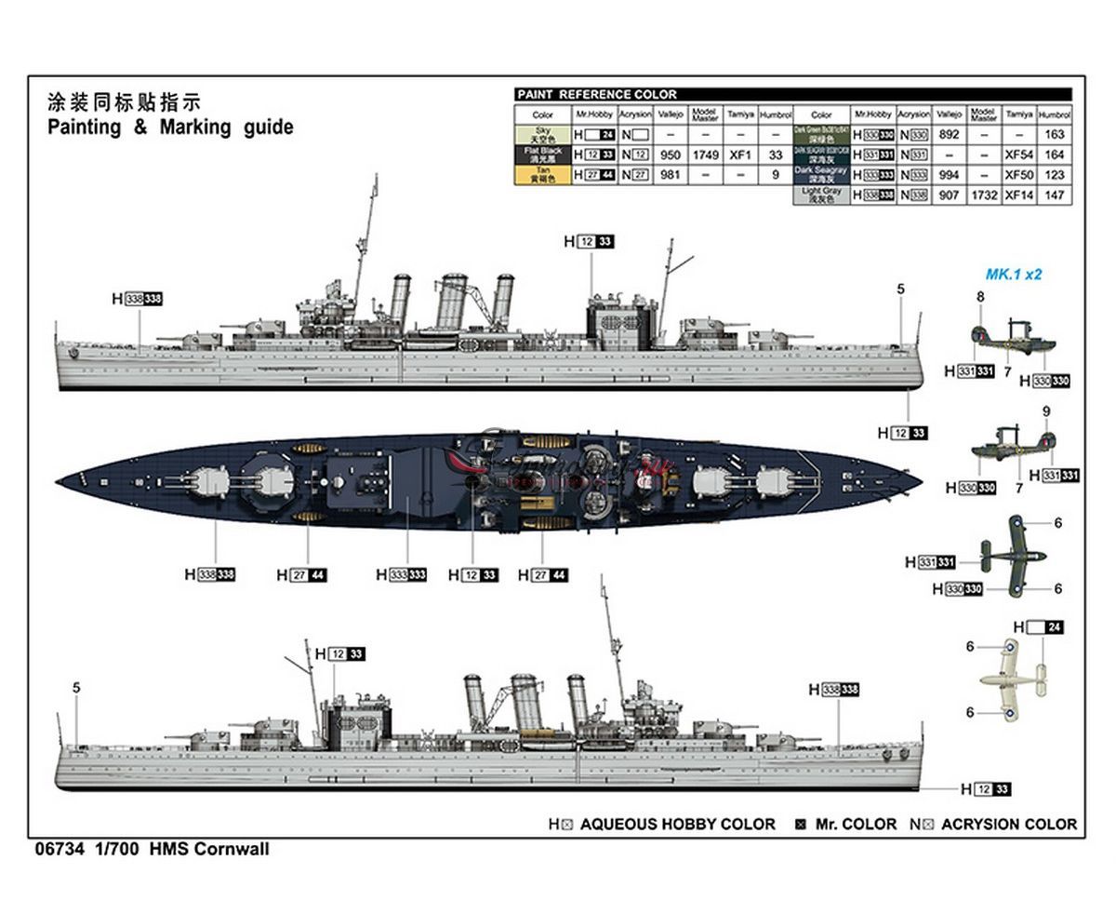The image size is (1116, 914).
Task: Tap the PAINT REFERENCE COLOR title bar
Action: tap(596, 94)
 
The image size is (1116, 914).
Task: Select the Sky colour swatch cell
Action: tap(542, 135)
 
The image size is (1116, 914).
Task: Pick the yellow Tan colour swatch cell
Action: tap(542, 175)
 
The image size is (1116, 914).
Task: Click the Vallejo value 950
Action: tap(670, 155)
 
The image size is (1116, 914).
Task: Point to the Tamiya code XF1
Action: tap(740, 155)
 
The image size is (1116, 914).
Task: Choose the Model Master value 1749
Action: tap(705, 155)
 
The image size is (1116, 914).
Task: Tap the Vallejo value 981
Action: tap(670, 175)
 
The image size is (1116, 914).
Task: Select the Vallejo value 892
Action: tap(949, 135)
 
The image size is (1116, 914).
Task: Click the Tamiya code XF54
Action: tap(1019, 155)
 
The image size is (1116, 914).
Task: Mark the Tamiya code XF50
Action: tap(1019, 175)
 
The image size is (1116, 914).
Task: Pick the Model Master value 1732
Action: tap(984, 195)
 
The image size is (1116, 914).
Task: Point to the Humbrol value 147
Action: tap(1055, 195)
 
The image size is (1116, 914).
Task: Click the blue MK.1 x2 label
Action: tap(1014, 275)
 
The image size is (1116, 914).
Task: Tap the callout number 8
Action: tap(980, 297)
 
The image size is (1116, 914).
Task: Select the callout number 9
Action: tap(1046, 410)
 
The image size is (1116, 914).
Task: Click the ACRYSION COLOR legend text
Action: tap(1009, 825)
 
